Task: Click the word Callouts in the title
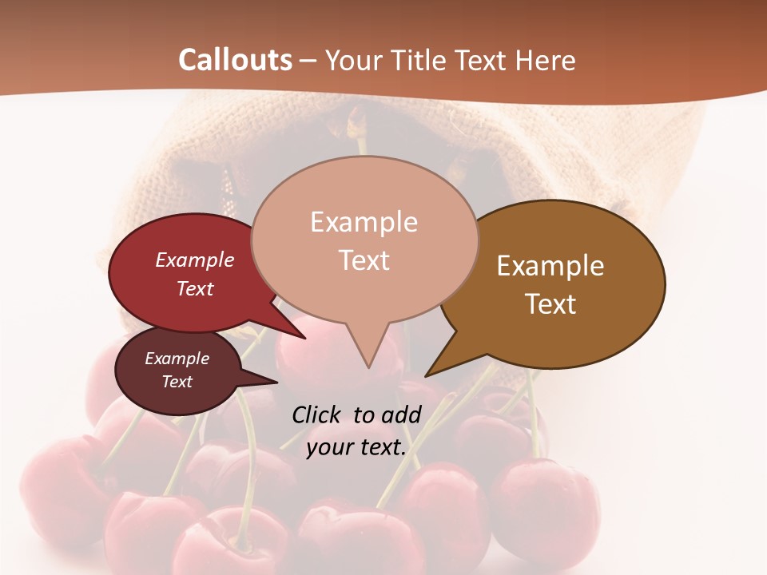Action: click(x=235, y=60)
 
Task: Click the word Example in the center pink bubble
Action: click(x=364, y=222)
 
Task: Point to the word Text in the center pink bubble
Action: click(x=364, y=260)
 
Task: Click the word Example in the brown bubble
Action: click(x=550, y=266)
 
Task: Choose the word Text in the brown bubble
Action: click(x=550, y=304)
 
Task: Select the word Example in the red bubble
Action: click(x=195, y=260)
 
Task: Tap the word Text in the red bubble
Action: click(x=195, y=288)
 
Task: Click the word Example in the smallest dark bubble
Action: click(x=177, y=359)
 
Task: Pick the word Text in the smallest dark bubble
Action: click(x=177, y=382)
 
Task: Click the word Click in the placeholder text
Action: click(x=317, y=414)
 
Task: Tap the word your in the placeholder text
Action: click(x=329, y=448)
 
